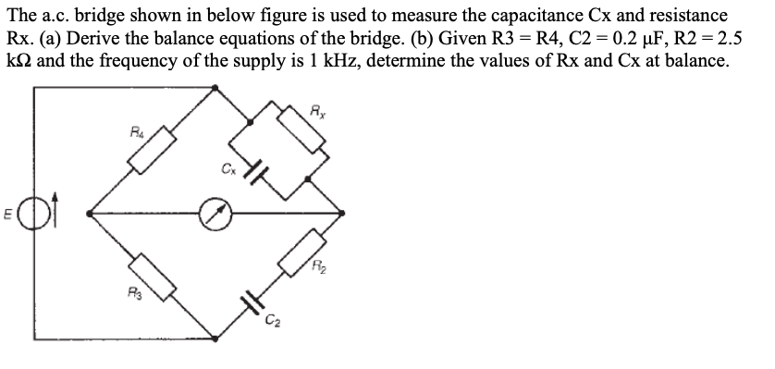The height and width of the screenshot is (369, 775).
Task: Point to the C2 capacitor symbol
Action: tap(250, 300)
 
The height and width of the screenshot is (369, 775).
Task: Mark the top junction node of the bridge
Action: tap(216, 88)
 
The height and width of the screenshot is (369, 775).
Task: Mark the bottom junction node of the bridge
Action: tap(216, 339)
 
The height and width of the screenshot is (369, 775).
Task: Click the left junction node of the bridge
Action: tap(89, 214)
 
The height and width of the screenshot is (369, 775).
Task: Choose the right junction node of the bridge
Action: tap(344, 214)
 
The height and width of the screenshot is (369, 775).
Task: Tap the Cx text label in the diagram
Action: tap(226, 168)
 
